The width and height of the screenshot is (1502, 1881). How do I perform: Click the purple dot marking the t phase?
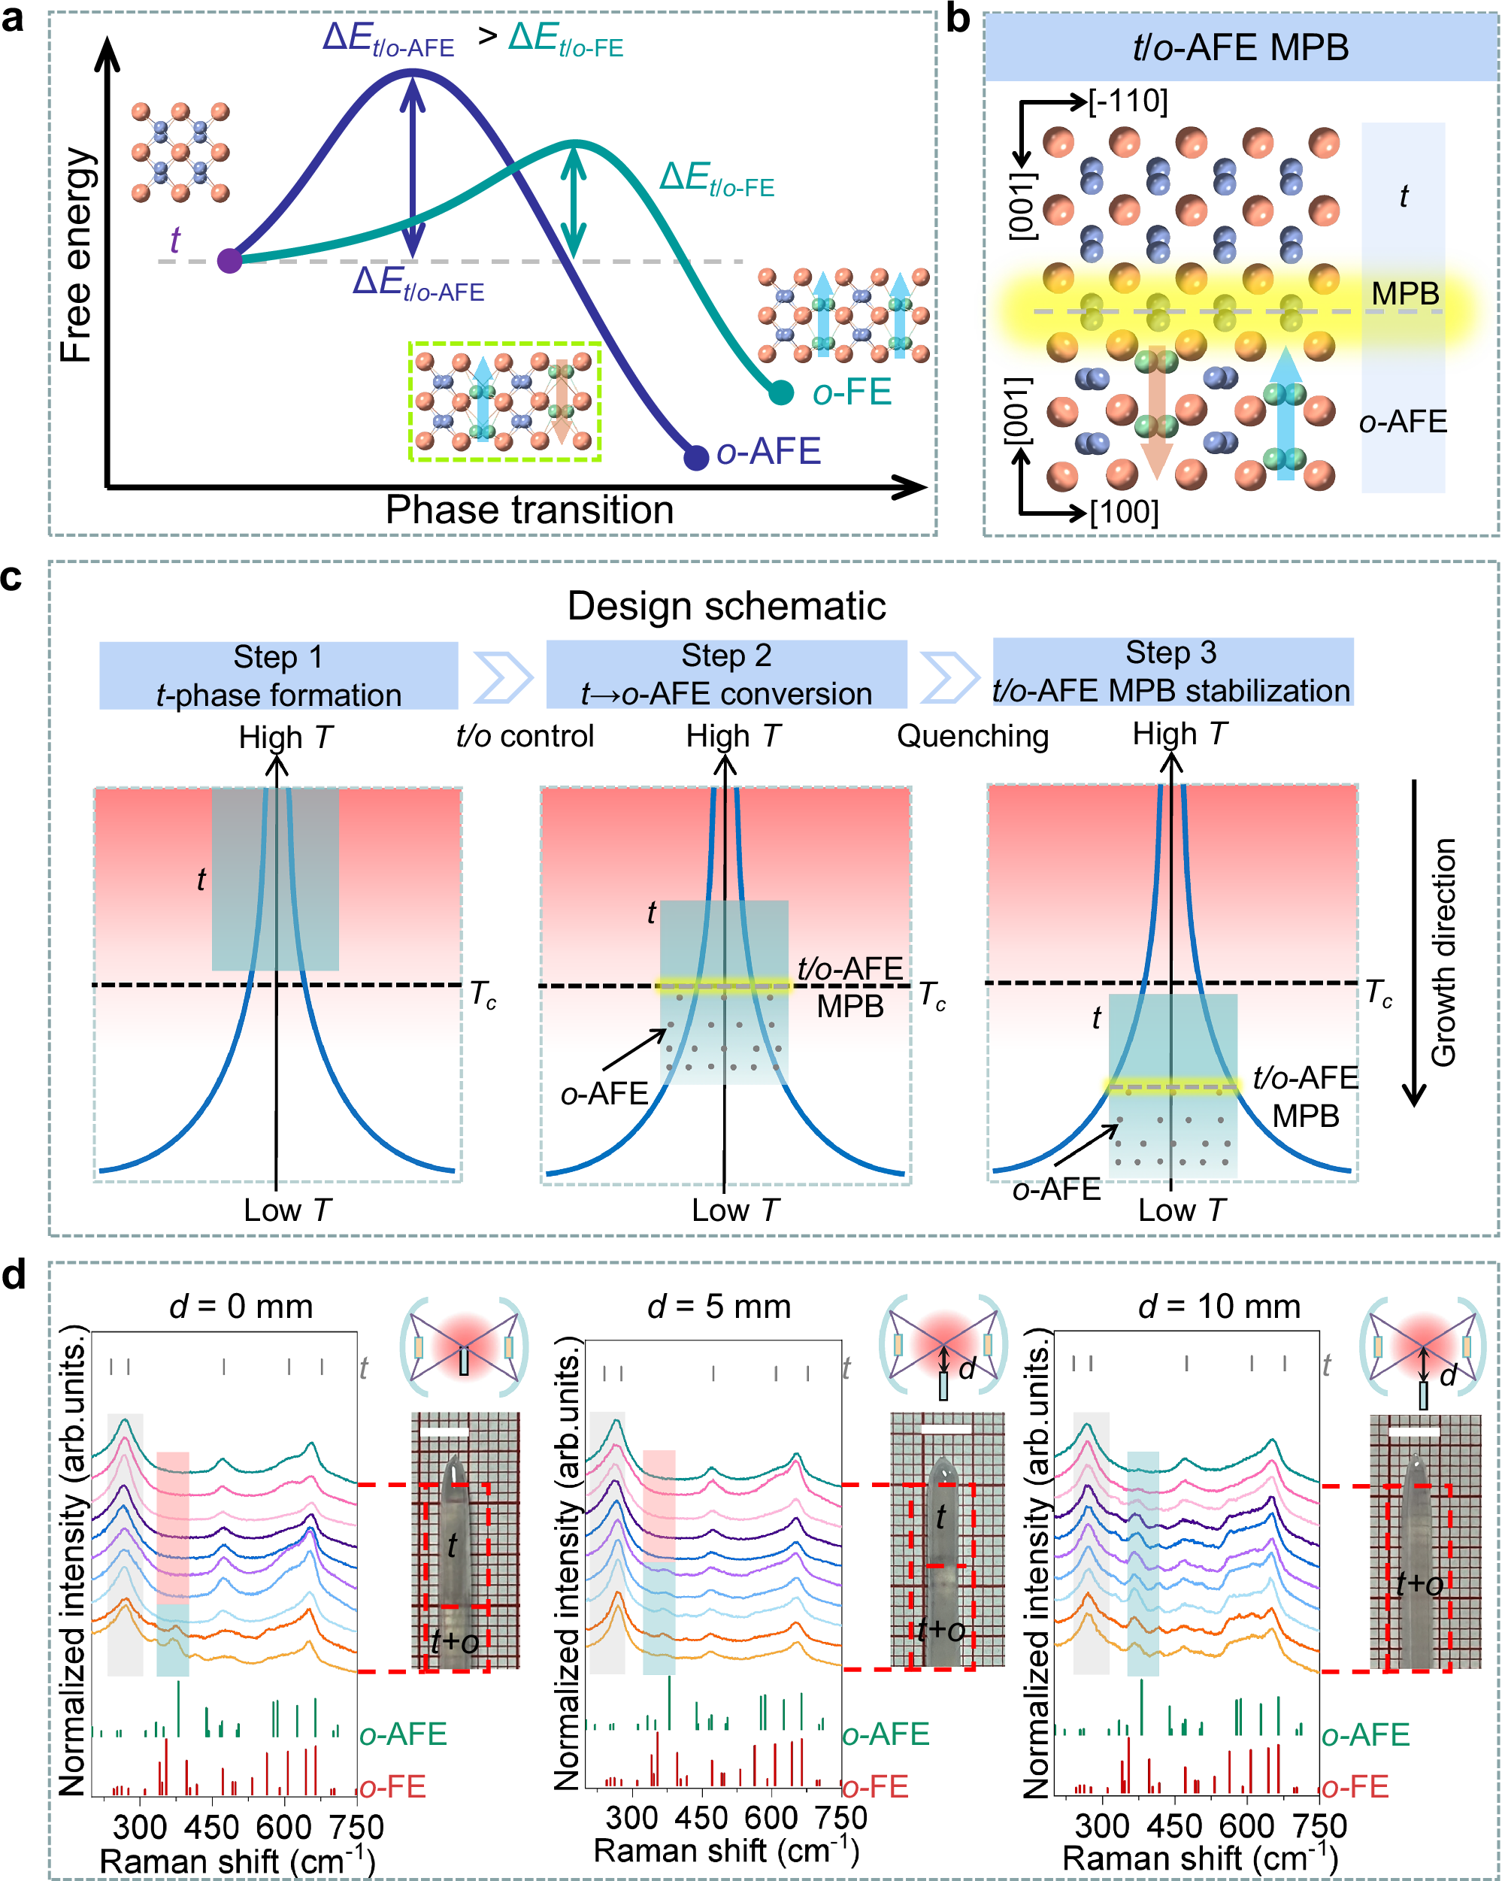point(229,260)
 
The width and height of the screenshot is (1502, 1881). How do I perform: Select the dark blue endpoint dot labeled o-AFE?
point(695,457)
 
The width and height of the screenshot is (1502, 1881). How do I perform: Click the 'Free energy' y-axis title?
point(77,255)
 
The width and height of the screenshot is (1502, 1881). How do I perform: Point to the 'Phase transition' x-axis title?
point(529,510)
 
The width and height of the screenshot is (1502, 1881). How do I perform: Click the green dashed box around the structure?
point(505,401)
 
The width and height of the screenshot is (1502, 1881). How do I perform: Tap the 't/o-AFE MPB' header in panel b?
point(1240,47)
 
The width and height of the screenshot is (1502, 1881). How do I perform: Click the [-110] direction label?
point(1128,101)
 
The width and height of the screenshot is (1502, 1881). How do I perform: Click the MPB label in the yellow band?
point(1404,294)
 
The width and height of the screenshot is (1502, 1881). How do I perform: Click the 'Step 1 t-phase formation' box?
point(278,675)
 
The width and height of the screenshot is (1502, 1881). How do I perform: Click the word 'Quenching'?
point(972,735)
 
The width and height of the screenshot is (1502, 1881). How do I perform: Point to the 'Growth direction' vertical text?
point(1444,952)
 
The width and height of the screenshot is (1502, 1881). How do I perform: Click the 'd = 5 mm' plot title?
point(719,1306)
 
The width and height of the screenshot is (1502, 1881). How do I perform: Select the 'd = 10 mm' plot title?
point(1219,1306)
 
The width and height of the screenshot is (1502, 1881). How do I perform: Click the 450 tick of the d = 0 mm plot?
point(212,1828)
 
